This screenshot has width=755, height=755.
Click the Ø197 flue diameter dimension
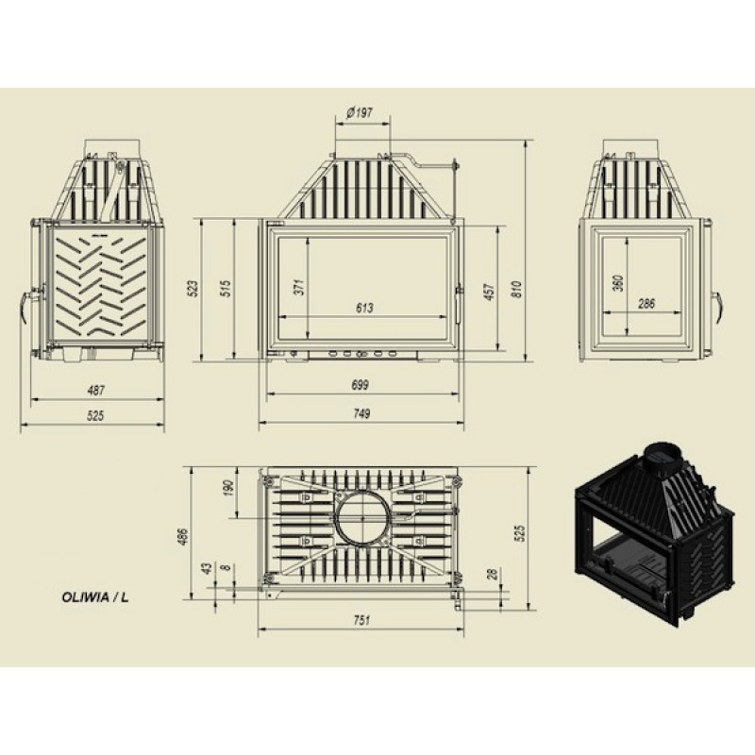[360, 113]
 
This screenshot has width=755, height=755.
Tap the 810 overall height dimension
[516, 289]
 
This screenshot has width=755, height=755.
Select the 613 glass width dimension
[364, 308]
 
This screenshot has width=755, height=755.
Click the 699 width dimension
[361, 385]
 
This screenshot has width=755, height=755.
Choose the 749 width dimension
[361, 413]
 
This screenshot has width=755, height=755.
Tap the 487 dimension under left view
[96, 390]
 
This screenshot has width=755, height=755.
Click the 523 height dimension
[193, 288]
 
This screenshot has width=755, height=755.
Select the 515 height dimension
[226, 288]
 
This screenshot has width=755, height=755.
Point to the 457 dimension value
[489, 292]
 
